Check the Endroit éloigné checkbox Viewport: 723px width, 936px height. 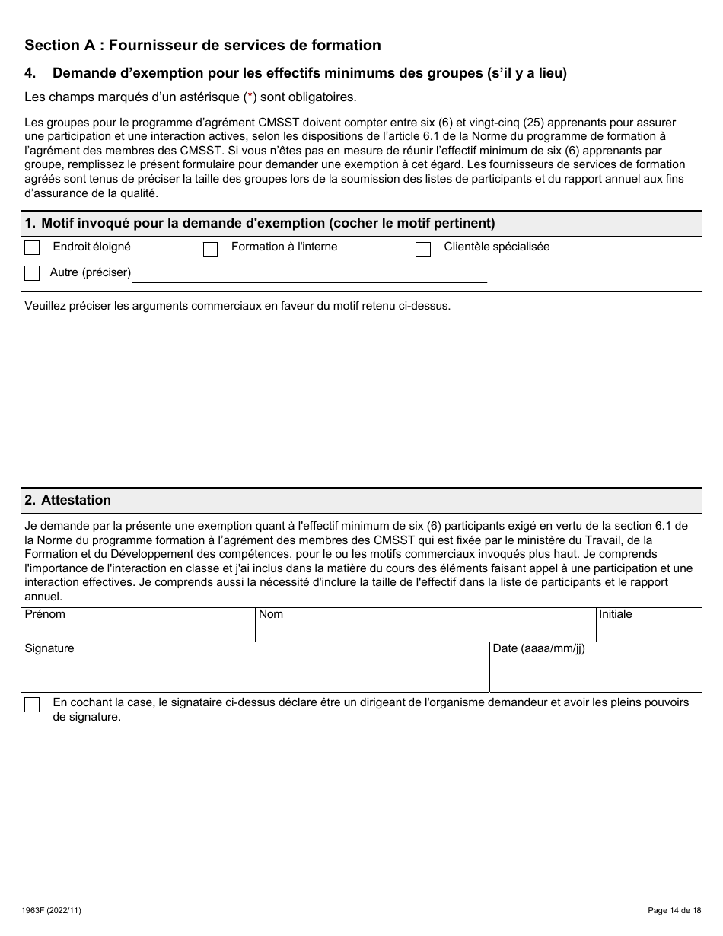point(32,248)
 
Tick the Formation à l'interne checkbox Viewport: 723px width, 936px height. point(211,250)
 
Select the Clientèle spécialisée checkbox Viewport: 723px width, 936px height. point(423,250)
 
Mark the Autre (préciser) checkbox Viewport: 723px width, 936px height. point(32,273)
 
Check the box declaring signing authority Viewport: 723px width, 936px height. point(32,705)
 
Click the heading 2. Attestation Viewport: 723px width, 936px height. point(68,500)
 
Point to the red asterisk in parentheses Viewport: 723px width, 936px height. point(247,97)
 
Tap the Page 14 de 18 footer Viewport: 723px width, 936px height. point(674,910)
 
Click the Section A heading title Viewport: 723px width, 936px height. point(202,45)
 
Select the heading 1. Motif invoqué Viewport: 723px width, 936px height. point(260,223)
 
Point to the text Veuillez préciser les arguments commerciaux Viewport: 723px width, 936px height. point(237,306)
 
